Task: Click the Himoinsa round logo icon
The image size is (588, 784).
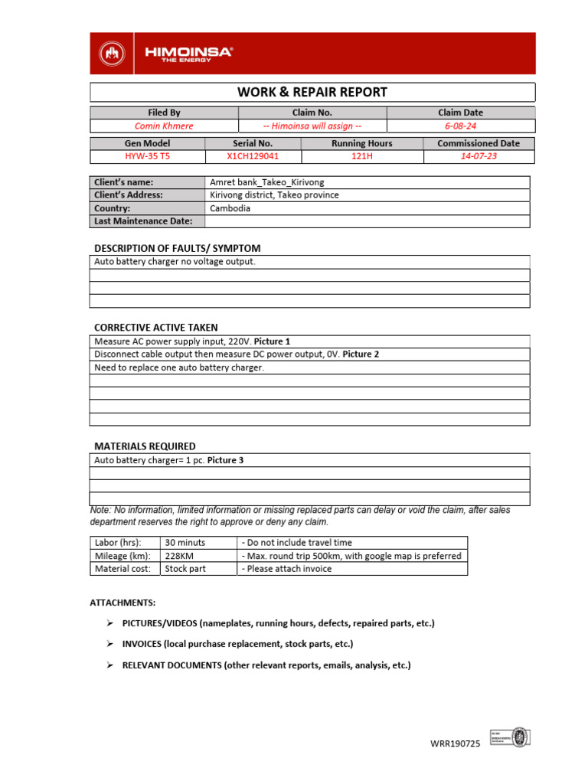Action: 113,53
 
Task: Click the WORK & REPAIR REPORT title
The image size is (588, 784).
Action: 312,93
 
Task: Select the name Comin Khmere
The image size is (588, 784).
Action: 164,126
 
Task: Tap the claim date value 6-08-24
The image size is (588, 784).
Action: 461,126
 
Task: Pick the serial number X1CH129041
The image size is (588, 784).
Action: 253,156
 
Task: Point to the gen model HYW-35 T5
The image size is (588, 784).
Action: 148,156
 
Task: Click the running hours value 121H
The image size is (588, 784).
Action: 362,156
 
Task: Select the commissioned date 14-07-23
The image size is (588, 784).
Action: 479,156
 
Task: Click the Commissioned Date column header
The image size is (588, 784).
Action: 479,143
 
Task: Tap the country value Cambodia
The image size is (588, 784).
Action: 230,208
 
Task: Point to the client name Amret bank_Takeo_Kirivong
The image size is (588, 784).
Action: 262,182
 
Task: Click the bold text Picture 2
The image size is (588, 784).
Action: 361,354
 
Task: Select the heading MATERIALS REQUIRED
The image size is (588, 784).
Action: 145,446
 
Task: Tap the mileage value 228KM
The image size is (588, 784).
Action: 181,556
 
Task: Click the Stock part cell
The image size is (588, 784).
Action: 185,569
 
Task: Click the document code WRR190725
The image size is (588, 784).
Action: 454,744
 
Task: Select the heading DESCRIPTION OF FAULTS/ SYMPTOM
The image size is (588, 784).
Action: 177,248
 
